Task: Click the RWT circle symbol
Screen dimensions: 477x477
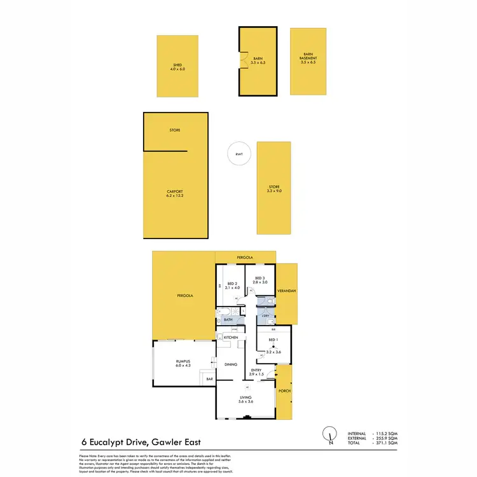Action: click(239, 154)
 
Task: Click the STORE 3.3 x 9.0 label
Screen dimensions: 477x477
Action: click(274, 188)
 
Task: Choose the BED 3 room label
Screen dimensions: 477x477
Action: click(261, 280)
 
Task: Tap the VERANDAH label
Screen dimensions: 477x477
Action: click(287, 291)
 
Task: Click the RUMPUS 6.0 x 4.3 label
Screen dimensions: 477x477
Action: click(183, 364)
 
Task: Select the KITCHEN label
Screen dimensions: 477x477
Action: click(231, 336)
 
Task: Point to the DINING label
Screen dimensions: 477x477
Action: click(231, 364)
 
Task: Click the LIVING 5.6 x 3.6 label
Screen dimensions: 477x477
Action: click(245, 399)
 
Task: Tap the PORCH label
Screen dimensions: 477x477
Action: click(285, 391)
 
